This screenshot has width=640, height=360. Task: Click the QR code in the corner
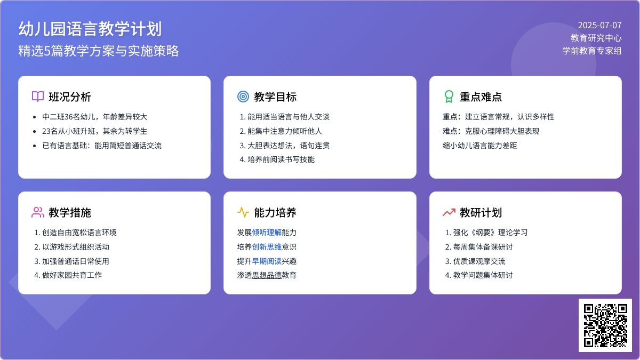(605, 325)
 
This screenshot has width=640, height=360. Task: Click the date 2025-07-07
(599, 26)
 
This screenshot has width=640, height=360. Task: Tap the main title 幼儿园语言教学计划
(90, 29)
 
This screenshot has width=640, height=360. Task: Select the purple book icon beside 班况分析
(38, 97)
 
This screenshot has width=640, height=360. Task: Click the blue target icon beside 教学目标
(243, 97)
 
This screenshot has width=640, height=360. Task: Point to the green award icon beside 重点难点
(449, 97)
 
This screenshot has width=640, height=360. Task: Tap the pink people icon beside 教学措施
(38, 212)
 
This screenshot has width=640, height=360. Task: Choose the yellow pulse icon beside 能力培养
(243, 212)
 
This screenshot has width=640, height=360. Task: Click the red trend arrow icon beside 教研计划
(449, 213)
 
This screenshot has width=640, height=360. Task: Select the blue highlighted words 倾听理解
(267, 233)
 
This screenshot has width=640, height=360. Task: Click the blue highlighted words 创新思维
(267, 247)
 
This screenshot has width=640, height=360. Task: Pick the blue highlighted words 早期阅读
(267, 261)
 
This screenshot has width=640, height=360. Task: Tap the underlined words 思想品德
(267, 275)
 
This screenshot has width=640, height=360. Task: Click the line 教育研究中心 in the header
(596, 38)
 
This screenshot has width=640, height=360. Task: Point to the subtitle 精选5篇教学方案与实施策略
(99, 51)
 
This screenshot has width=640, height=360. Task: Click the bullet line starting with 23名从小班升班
(94, 131)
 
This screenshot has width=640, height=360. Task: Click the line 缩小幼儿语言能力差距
(479, 146)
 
